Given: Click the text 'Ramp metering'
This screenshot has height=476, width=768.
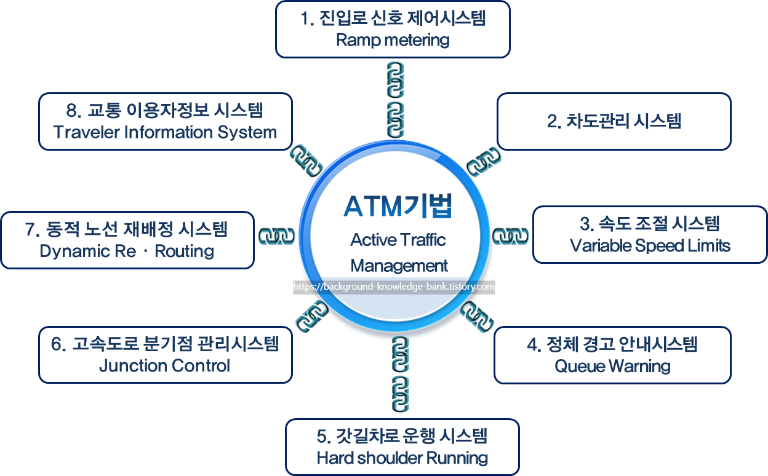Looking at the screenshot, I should pyautogui.click(x=393, y=41).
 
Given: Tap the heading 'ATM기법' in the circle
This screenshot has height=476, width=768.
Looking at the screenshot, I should pyautogui.click(x=398, y=207).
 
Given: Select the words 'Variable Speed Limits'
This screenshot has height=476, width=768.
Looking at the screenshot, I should pyautogui.click(x=650, y=246).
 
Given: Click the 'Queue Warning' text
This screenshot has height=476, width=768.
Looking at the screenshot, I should pyautogui.click(x=612, y=367).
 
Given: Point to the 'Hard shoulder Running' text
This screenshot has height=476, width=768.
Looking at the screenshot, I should pyautogui.click(x=402, y=458).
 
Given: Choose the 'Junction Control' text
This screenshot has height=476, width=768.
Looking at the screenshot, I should pyautogui.click(x=164, y=366).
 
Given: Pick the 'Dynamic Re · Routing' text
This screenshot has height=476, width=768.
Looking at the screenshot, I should pyautogui.click(x=127, y=251).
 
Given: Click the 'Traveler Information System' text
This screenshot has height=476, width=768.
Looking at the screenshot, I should pyautogui.click(x=165, y=132).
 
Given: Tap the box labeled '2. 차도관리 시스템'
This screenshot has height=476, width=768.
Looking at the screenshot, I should pyautogui.click(x=614, y=121).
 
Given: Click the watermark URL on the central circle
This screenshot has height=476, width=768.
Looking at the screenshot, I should pyautogui.click(x=394, y=287).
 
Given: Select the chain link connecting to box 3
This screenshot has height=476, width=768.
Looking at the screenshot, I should pyautogui.click(x=512, y=237).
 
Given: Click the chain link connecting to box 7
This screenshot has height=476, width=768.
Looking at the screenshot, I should pyautogui.click(x=278, y=237).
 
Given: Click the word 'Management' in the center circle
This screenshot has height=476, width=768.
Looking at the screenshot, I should pyautogui.click(x=399, y=266).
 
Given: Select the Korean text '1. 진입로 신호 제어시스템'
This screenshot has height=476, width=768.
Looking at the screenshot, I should pyautogui.click(x=393, y=18).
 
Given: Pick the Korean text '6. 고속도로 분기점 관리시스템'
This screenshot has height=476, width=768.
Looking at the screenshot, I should pyautogui.click(x=165, y=343).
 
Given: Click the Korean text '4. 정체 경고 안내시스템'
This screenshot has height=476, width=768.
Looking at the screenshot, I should pyautogui.click(x=612, y=344).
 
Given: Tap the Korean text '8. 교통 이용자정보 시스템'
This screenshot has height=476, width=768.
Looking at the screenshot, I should pyautogui.click(x=164, y=110).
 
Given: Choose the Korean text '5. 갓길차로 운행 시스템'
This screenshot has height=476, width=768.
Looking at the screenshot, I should pyautogui.click(x=402, y=436).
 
